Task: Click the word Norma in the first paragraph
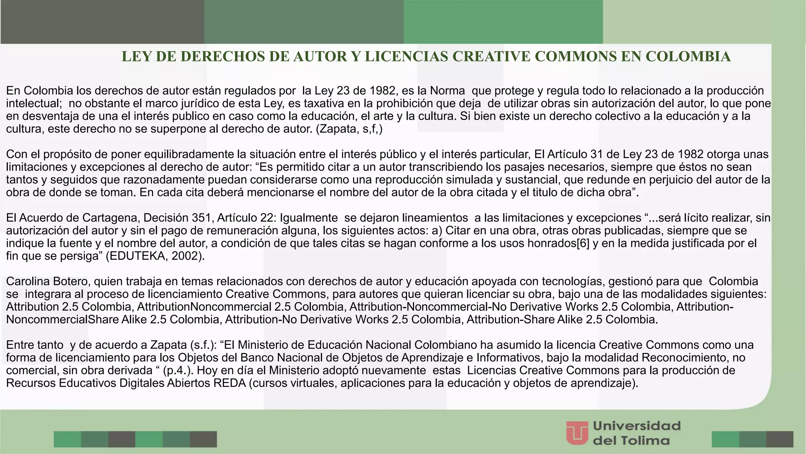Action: coord(447,91)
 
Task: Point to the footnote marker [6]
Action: coord(583,243)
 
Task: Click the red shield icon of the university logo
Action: coord(577,433)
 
